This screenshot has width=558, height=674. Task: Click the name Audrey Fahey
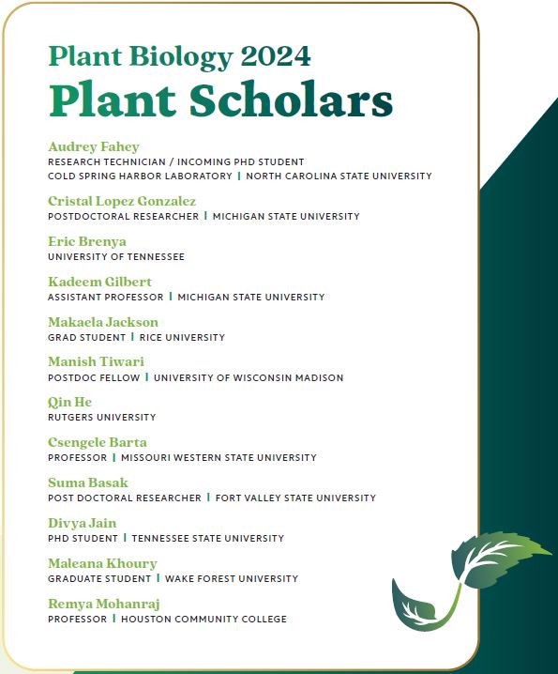(93, 146)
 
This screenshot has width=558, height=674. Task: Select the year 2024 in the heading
(275, 56)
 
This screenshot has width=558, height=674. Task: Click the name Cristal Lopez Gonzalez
(122, 201)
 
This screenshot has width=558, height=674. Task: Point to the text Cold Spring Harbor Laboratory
(140, 176)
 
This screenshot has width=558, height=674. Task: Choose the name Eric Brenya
(87, 241)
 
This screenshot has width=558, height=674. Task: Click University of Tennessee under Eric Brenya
(115, 256)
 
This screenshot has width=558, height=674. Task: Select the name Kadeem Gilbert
(99, 282)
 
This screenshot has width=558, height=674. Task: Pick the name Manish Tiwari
(96, 362)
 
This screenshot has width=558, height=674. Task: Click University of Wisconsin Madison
(249, 377)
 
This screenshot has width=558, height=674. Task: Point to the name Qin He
(68, 402)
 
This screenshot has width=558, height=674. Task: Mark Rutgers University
(101, 417)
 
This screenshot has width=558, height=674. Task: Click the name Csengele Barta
(98, 442)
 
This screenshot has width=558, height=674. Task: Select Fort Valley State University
(295, 498)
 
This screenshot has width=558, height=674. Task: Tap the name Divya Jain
(83, 523)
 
